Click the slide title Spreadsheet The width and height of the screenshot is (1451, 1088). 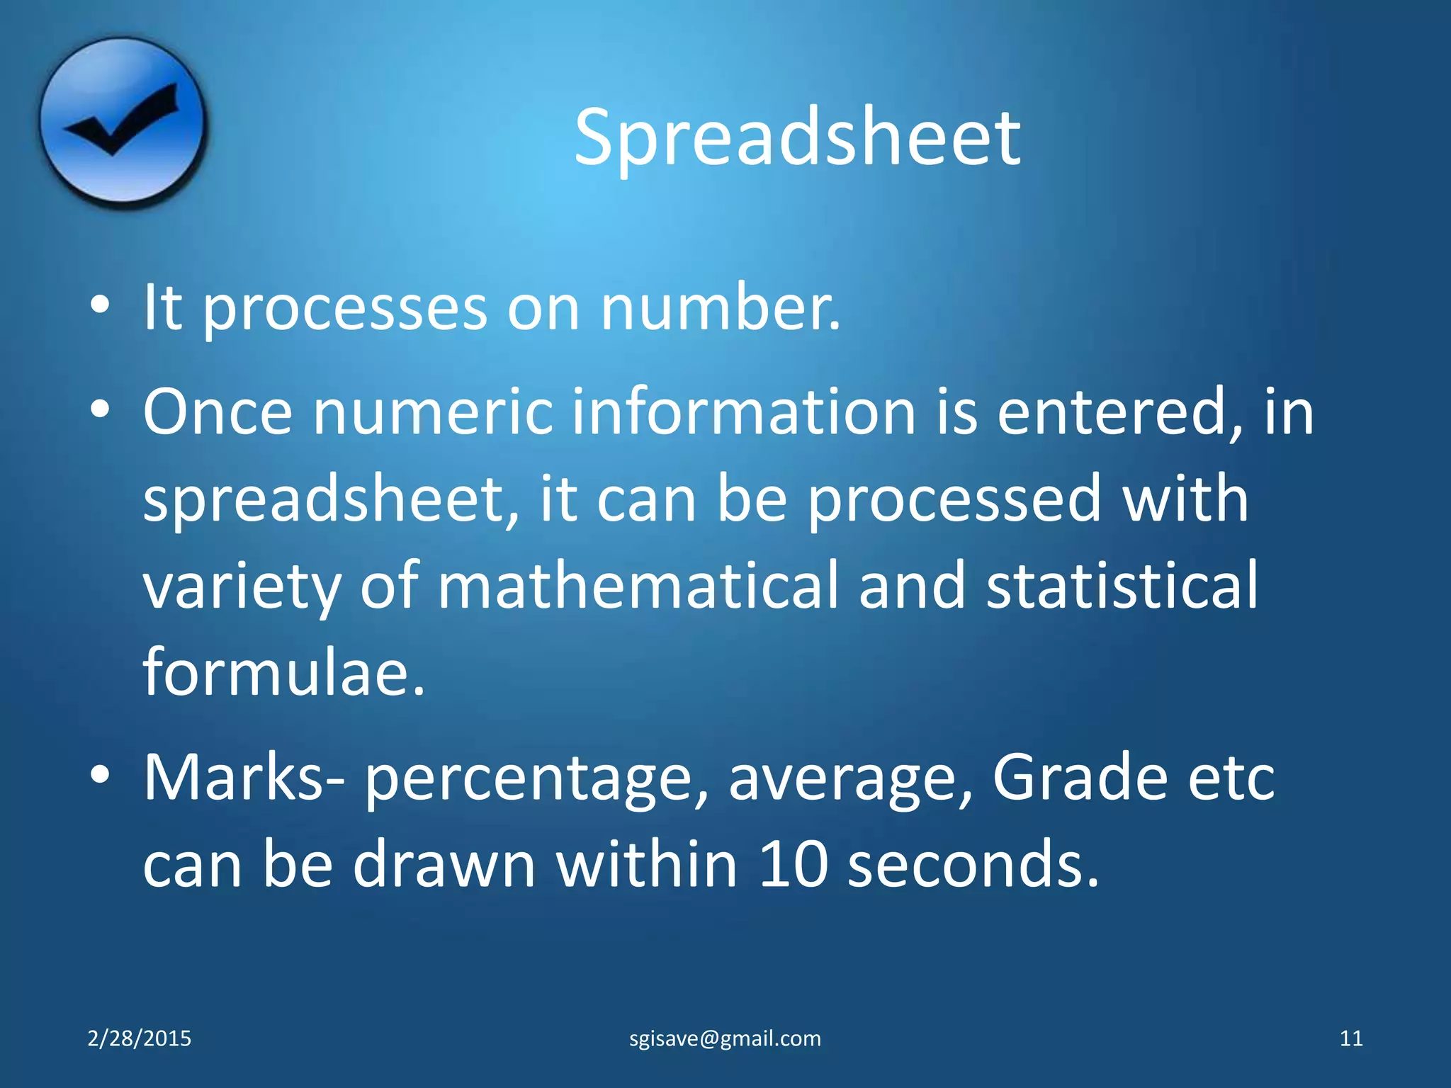coord(797,138)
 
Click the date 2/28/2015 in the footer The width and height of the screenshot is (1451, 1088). coord(140,1038)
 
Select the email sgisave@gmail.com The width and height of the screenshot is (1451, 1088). coord(725,1038)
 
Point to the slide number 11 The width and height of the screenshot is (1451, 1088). coord(1351,1038)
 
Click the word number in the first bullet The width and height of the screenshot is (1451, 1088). coord(720,308)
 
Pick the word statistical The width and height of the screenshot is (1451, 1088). coord(1122,585)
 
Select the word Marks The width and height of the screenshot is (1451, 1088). coord(234,778)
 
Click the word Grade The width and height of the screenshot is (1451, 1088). coord(1079,778)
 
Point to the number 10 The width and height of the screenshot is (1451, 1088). coord(792,864)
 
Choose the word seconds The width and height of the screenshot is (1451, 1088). coord(973,864)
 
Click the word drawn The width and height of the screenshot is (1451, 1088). coord(444,864)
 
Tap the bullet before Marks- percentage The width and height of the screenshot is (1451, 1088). coord(100,775)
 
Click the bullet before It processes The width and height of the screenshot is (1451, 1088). coord(100,305)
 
